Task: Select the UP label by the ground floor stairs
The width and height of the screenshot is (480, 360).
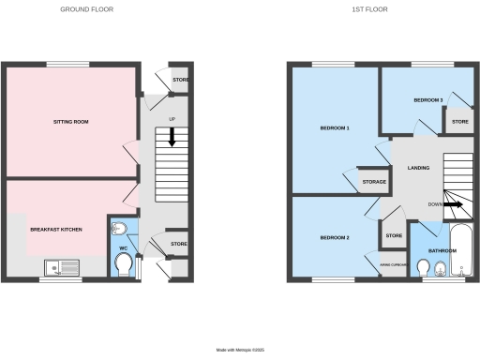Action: [x=172, y=119]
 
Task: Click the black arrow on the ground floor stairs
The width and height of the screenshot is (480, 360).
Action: [x=172, y=137]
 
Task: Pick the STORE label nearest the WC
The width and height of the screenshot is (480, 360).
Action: [x=178, y=245]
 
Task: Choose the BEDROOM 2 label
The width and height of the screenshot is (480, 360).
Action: [x=335, y=237]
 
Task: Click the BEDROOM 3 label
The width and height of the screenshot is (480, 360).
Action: [x=427, y=98]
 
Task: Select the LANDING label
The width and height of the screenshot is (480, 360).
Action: [x=419, y=168]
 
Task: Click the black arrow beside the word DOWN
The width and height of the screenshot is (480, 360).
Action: [x=453, y=203]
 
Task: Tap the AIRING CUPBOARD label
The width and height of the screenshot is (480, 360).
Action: [x=392, y=265]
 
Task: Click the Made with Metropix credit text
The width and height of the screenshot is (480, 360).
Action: [x=240, y=349]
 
